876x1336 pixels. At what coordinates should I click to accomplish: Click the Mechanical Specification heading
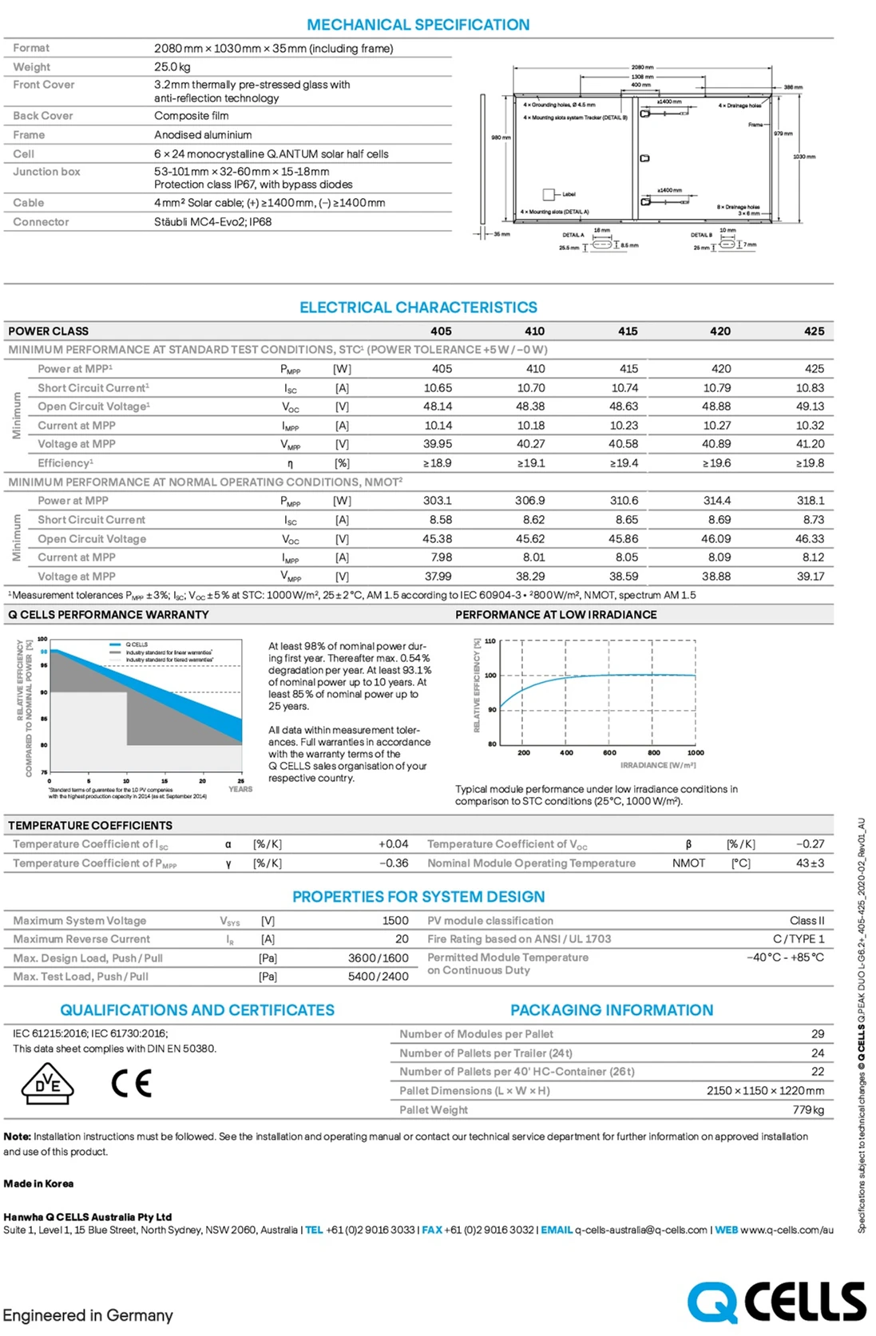click(x=418, y=25)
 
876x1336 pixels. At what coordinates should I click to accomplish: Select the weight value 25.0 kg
click(x=172, y=67)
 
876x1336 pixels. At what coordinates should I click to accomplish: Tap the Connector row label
click(x=41, y=222)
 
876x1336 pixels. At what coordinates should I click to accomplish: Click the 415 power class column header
click(x=628, y=331)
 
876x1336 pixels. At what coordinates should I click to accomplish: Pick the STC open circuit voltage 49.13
click(x=810, y=406)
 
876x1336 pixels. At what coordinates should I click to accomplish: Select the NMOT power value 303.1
click(x=438, y=501)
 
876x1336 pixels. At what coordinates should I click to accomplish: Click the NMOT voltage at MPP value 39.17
click(x=810, y=577)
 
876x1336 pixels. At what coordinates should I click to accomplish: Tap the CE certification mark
click(x=132, y=1084)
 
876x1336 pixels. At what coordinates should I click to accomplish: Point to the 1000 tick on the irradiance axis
click(x=696, y=753)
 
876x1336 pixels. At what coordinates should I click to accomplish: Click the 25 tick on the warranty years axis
click(x=240, y=781)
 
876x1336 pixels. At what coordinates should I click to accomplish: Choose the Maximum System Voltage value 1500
click(x=395, y=921)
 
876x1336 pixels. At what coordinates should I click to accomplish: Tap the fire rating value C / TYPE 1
click(x=799, y=939)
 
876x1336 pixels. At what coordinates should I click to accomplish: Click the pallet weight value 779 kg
click(x=808, y=1110)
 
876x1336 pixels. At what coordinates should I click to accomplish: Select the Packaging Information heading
click(x=612, y=1010)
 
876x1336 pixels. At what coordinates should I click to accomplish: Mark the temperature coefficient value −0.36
click(x=394, y=863)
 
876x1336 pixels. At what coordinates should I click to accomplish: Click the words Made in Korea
click(x=38, y=1183)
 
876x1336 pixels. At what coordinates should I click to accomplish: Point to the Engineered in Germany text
click(x=88, y=1315)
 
